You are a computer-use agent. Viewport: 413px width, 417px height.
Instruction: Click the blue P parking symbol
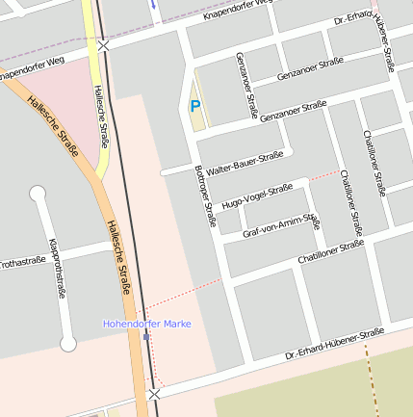[x=195, y=107]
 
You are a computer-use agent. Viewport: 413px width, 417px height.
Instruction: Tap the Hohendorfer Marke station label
[x=146, y=324]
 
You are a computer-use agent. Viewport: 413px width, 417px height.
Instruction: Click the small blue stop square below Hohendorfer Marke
[x=146, y=337]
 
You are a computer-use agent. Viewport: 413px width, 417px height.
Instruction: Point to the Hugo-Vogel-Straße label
[x=256, y=196]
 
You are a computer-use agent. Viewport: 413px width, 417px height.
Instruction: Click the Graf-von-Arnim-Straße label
[x=281, y=226]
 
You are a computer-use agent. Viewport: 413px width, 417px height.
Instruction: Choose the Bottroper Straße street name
[x=205, y=195]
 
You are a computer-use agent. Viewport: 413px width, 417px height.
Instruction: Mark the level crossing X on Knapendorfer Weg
[x=103, y=44]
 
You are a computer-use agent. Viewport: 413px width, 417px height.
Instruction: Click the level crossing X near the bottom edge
[x=154, y=394]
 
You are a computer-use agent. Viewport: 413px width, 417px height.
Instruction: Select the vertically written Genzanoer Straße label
[x=246, y=86]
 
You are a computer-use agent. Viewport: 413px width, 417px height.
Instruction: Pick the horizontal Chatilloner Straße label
[x=330, y=253]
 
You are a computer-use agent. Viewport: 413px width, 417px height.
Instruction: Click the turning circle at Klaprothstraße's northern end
[x=39, y=194]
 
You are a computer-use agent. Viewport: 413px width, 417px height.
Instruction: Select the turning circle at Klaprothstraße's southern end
[x=68, y=343]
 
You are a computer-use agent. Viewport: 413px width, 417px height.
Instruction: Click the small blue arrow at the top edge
[x=152, y=3]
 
